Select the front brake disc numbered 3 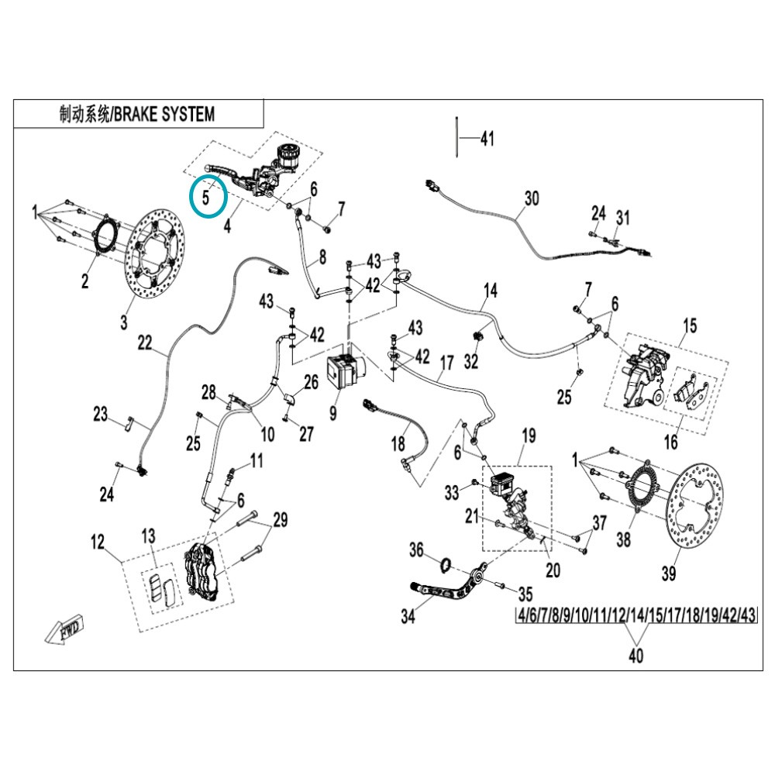(x=155, y=256)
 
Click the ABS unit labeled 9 (x=346, y=372)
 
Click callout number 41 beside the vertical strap (x=487, y=139)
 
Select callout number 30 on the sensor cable (x=532, y=198)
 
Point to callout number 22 (x=145, y=343)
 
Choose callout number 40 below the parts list (x=635, y=656)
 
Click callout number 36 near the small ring (x=416, y=549)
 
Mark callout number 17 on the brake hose (x=447, y=363)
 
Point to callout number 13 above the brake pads (x=148, y=536)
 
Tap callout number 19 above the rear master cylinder (x=529, y=436)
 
